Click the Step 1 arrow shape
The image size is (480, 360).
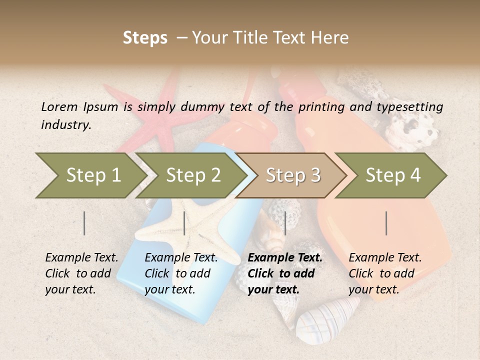92,175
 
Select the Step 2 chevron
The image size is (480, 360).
192,175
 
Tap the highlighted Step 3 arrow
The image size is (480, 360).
292,175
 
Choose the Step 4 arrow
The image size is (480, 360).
392,175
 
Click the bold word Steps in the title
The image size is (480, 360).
145,38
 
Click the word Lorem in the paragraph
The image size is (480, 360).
59,106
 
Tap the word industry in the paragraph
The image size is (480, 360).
65,125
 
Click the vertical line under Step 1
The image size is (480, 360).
84,223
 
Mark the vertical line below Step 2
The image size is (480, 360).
184,223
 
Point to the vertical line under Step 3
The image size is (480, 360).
285,223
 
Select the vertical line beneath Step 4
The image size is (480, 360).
386,223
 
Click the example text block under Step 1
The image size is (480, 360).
81,273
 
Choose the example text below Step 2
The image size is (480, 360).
181,273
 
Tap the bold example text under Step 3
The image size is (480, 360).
285,273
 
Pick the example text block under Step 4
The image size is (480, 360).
385,273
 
